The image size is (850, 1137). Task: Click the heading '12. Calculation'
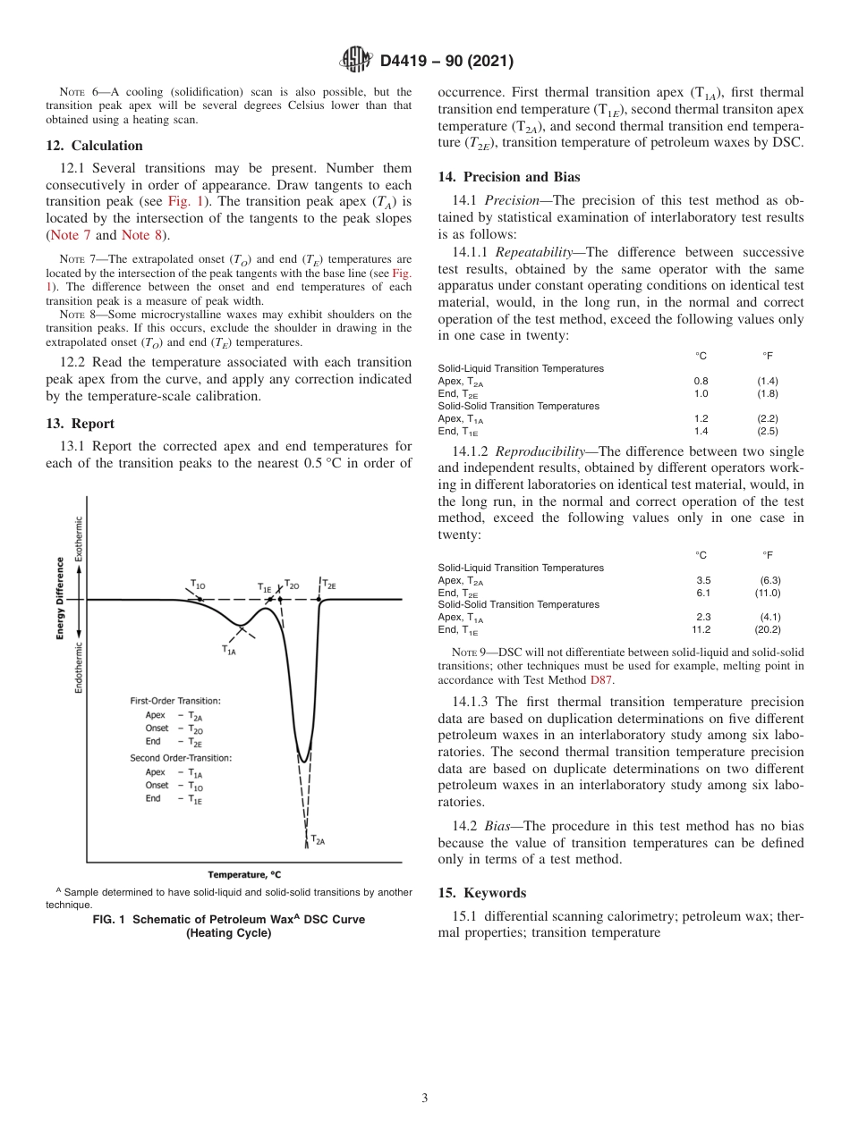tap(94, 146)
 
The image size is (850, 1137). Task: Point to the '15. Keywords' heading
tap(481, 893)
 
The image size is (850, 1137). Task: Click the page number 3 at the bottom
tap(425, 1098)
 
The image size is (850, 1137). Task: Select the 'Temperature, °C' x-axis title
tap(250, 874)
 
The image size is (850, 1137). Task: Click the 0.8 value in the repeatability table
tap(701, 381)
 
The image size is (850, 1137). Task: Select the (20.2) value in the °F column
tap(768, 629)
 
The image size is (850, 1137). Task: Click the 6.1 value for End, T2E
tap(702, 593)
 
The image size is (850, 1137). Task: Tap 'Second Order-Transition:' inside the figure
tap(181, 758)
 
